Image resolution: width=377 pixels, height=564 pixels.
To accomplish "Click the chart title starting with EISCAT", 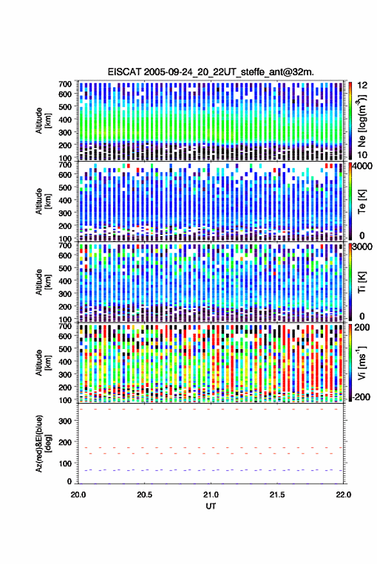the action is [x=211, y=72].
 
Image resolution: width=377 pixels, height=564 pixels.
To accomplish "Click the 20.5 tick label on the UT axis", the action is [x=145, y=495].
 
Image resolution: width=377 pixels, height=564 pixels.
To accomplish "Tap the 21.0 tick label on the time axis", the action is [x=211, y=495].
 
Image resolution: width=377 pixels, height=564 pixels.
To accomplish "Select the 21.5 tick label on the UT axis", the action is [x=277, y=495].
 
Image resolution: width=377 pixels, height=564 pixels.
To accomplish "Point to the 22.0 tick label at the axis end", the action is [x=343, y=495].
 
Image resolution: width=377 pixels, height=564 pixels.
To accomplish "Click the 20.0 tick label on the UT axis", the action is [x=78, y=495].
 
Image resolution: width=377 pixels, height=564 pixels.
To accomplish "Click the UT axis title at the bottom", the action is [x=211, y=506].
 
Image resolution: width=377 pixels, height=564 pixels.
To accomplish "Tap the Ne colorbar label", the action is [x=362, y=121].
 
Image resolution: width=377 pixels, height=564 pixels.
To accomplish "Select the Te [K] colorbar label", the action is [x=362, y=201].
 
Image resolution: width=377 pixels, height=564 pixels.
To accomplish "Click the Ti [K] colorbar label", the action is [x=362, y=282].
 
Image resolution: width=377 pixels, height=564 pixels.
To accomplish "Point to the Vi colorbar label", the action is [x=362, y=363].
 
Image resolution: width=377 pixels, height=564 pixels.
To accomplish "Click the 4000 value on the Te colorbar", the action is [x=363, y=167].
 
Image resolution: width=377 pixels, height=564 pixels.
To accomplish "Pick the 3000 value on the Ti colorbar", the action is [x=363, y=247].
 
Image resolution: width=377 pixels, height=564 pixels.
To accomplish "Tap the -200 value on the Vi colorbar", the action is [x=360, y=397].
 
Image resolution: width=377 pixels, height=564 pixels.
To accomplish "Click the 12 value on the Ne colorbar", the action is [x=363, y=85].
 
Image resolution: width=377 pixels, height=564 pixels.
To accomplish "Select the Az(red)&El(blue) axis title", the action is [x=42, y=443].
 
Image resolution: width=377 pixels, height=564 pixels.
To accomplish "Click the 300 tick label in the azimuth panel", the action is [x=66, y=421].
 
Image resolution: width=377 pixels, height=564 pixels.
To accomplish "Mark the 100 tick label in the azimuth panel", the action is [x=66, y=464].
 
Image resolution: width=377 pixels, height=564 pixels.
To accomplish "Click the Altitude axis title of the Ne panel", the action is [x=43, y=121].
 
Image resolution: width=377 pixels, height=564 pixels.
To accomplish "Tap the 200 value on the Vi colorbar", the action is [x=362, y=327].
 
